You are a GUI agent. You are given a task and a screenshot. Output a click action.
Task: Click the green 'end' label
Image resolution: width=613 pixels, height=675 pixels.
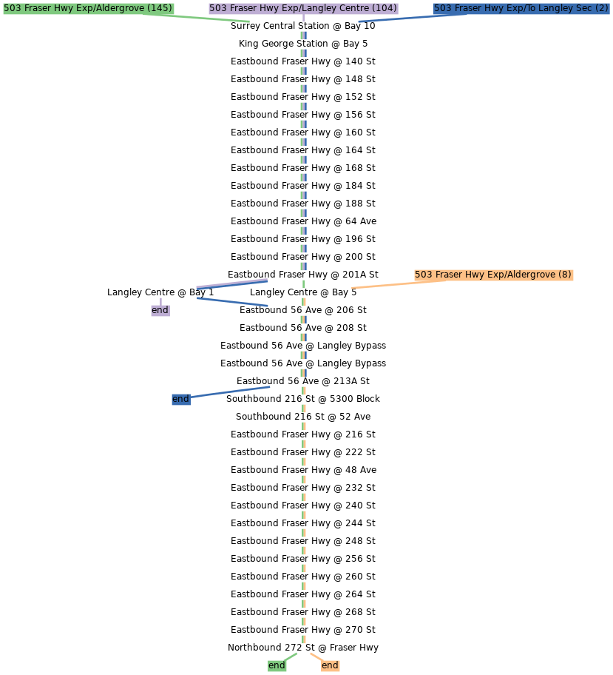coord(277,665)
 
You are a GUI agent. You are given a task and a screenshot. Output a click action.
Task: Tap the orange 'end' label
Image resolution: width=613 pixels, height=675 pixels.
coord(330,665)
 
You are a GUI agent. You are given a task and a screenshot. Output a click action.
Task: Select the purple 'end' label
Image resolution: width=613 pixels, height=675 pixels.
coord(160,310)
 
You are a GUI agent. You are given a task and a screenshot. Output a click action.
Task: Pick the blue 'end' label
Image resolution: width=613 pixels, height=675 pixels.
coord(180,399)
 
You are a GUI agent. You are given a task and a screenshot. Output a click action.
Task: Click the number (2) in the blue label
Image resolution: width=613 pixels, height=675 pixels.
coord(601,8)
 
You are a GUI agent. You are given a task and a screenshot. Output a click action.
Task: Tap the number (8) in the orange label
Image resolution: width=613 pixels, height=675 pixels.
coord(564,275)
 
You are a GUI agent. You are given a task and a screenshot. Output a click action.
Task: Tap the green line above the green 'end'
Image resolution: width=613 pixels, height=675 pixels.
coord(290,656)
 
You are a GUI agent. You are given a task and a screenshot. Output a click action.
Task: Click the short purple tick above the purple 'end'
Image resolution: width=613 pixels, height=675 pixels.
coord(160,300)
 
